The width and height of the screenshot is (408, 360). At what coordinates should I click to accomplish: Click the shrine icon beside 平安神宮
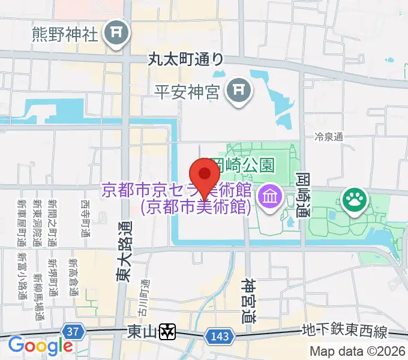point(238,91)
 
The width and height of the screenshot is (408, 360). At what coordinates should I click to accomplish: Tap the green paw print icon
point(353,200)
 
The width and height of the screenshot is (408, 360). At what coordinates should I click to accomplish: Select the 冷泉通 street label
point(329,137)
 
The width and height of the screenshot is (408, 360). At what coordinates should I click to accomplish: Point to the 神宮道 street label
point(250,301)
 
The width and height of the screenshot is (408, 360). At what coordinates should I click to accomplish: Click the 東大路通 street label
point(123,252)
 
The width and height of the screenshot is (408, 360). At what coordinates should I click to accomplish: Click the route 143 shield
point(220,337)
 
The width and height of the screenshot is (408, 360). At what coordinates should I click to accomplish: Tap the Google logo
point(40,346)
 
